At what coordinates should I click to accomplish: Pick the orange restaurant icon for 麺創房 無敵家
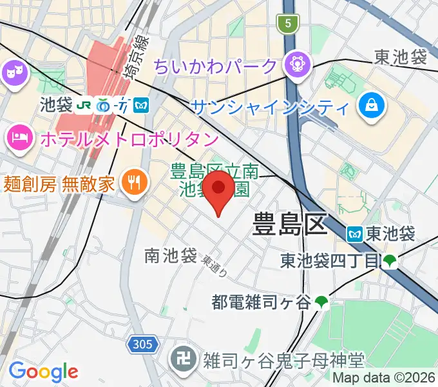click(x=134, y=183)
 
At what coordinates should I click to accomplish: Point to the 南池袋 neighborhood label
click(x=171, y=256)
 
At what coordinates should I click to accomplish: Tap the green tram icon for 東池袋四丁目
click(x=390, y=261)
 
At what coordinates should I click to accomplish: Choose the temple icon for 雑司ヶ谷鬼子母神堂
click(x=180, y=357)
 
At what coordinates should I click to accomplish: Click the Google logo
click(x=43, y=372)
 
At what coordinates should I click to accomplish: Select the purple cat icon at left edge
click(x=12, y=73)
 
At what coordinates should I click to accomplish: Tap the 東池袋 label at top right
click(x=401, y=57)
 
